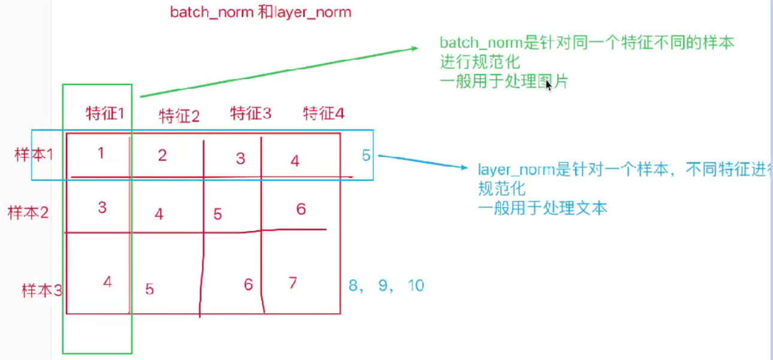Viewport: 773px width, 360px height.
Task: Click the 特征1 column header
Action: pos(105,113)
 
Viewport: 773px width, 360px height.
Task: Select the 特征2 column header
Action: pos(179,116)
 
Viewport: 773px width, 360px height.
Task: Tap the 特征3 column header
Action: pos(250,113)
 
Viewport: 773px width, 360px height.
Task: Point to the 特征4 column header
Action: pos(324,113)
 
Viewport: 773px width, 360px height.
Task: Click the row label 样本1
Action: pos(34,155)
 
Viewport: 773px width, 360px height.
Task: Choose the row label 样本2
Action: pos(28,212)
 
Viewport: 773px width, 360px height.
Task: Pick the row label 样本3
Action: pos(41,291)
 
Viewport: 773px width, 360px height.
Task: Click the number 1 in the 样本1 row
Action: pos(101,153)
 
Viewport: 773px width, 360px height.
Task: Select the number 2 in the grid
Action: pos(162,156)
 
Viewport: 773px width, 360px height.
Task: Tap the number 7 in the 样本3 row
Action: pos(292,282)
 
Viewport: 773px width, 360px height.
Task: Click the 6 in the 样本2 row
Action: pos(301,208)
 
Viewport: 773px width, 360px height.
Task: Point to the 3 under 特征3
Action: pos(240,159)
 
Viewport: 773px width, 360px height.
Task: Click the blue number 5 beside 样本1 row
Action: pos(366,155)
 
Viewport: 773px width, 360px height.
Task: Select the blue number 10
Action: pos(415,286)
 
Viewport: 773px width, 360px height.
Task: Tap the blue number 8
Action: pos(354,286)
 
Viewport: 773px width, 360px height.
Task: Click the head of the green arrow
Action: pos(413,49)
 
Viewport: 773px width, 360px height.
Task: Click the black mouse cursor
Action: pos(549,86)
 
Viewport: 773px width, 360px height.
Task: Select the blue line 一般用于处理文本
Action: pos(542,208)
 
